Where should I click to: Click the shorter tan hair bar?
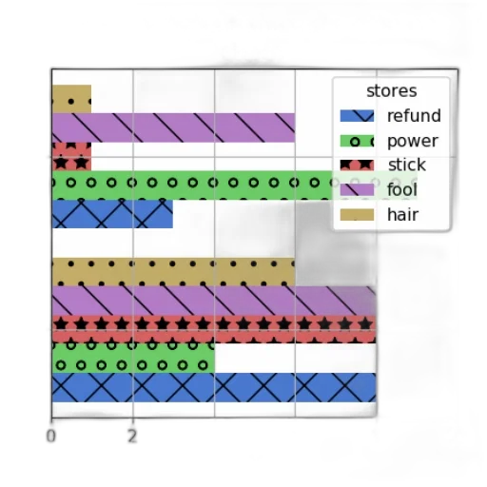[x=71, y=99]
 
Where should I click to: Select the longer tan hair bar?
[x=173, y=272]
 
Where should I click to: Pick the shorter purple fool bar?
[x=173, y=127]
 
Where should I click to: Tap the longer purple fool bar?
[x=214, y=301]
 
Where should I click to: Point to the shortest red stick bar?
[x=71, y=157]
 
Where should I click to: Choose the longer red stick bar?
[x=214, y=329]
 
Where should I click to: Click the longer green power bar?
[x=235, y=185]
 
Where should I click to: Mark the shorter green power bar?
[x=133, y=359]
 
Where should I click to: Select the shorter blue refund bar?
[x=112, y=214]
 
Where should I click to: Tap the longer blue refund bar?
[x=214, y=387]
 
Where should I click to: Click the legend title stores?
[x=392, y=91]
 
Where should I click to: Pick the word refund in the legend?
[x=414, y=116]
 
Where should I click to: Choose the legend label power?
[x=413, y=141]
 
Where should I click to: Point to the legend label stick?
[x=407, y=165]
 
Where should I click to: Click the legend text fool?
[x=402, y=189]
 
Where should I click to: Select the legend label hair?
[x=403, y=215]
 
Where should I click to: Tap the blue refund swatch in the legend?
[x=357, y=116]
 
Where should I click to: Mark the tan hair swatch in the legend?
[x=357, y=215]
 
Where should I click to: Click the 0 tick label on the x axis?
[x=51, y=436]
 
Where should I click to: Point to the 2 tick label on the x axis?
[x=132, y=436]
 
